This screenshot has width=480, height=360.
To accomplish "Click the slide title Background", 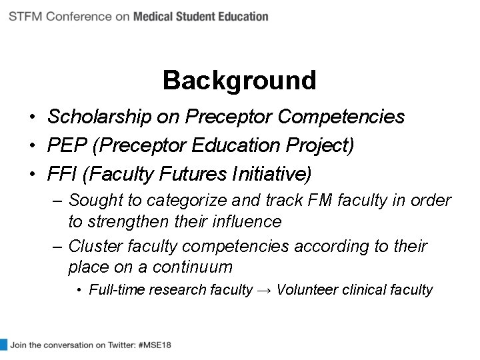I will click(239, 81).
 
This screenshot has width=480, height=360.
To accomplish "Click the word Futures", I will click(198, 174).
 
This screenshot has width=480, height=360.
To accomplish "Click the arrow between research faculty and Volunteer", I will click(264, 290).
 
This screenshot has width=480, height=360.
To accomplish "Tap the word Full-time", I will click(115, 290).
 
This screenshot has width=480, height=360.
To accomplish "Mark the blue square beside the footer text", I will click(3, 345).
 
